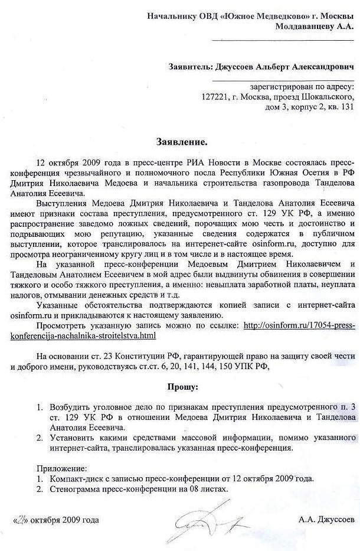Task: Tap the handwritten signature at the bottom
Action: pos(204,519)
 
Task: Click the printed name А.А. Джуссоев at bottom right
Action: pos(326,520)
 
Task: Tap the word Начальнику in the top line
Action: pos(173,16)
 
